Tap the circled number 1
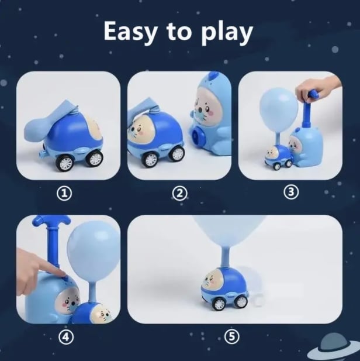[x=68, y=194]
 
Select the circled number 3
[x=290, y=192]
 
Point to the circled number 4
[x=67, y=338]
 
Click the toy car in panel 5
[x=225, y=287]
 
